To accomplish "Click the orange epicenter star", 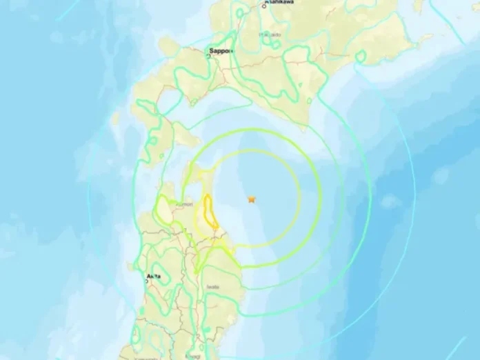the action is coord(252,199).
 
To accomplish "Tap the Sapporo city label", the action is coord(220,51).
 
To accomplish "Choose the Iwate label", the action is coord(212,288).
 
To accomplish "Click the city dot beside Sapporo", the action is coord(209,56).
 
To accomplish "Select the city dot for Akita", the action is coord(146,280).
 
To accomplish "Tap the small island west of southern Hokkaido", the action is coord(115,119).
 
